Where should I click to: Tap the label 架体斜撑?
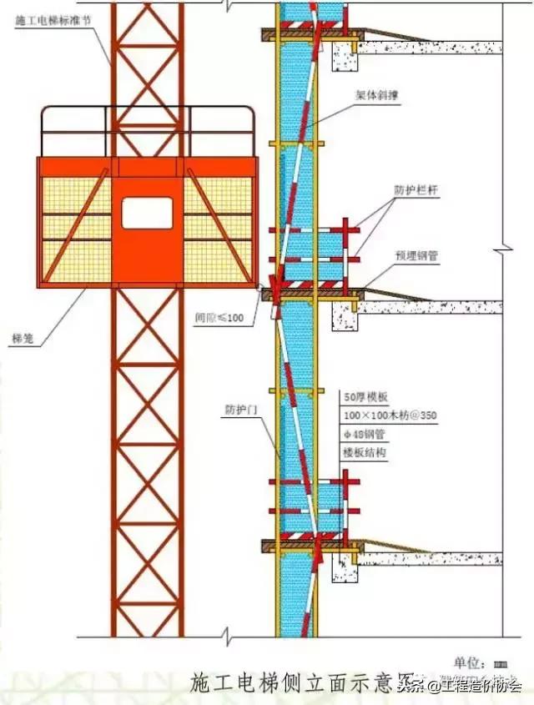(369, 118)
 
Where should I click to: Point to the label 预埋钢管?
(416, 256)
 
